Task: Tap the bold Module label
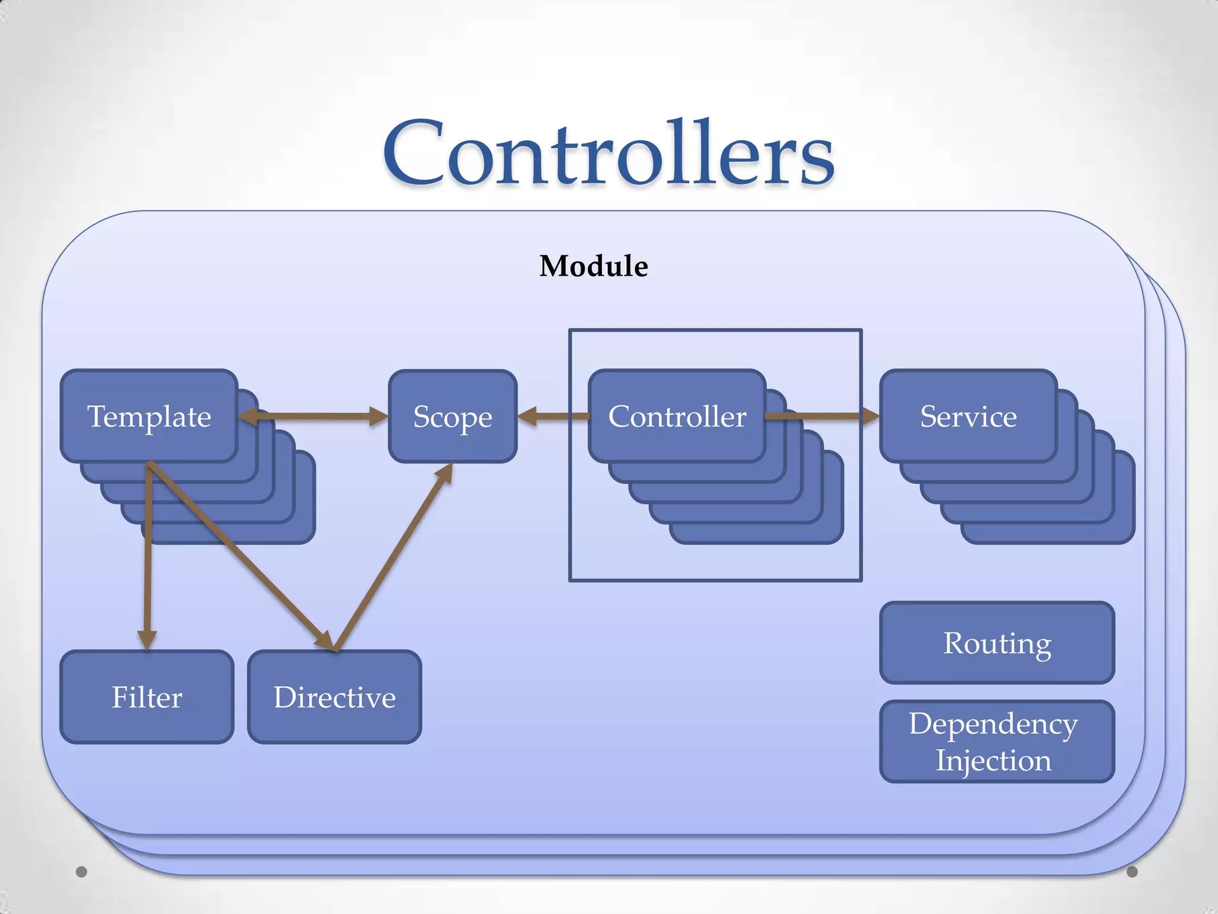[594, 266]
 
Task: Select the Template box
[149, 416]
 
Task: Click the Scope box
[453, 416]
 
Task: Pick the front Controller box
[677, 416]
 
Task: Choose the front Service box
[968, 416]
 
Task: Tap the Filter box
[147, 697]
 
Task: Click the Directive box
[334, 697]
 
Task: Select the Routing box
[997, 643]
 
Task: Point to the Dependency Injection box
[997, 741]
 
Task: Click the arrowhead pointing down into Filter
[146, 640]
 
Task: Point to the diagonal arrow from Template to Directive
[238, 553]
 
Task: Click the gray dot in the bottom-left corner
[81, 872]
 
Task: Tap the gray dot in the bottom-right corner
[1132, 872]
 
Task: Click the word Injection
[993, 760]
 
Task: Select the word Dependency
[993, 724]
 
